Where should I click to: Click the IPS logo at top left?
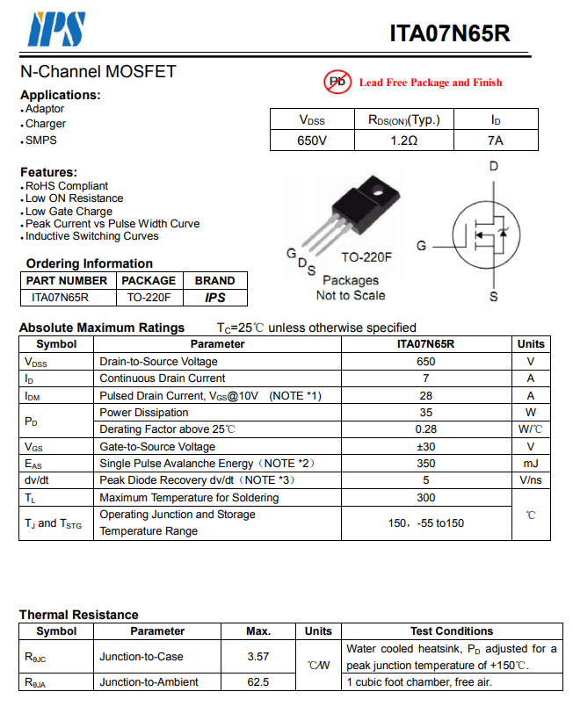(56, 29)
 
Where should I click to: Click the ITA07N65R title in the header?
(450, 33)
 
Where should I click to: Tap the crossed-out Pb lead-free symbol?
(337, 82)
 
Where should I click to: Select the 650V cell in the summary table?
(311, 140)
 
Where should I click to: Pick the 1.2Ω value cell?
(403, 140)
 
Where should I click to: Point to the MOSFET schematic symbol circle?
(486, 232)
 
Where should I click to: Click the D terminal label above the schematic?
(494, 166)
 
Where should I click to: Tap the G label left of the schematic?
(422, 246)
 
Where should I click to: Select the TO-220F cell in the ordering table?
(149, 297)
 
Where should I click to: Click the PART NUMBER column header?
(67, 281)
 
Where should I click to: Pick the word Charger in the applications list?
(46, 125)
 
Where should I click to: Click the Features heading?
(49, 172)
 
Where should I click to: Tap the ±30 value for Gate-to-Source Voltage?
(426, 446)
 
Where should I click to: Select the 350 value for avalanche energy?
(426, 463)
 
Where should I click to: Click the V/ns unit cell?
(531, 480)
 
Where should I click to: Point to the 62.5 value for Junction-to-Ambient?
(258, 681)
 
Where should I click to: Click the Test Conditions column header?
(452, 631)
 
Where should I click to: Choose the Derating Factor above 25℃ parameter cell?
(167, 429)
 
